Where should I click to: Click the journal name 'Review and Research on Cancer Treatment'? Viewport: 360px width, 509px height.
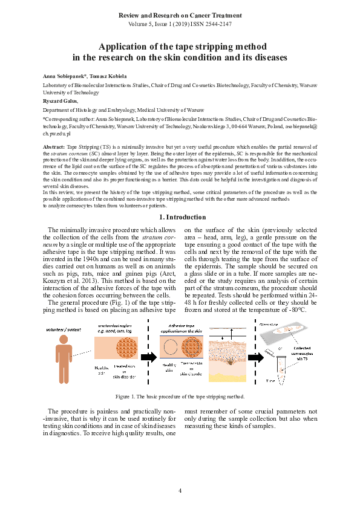pyautogui.click(x=180, y=13)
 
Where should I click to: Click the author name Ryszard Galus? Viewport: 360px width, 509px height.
pyautogui.click(x=61, y=102)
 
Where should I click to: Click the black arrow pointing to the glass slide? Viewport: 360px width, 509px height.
pyautogui.click(x=256, y=357)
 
